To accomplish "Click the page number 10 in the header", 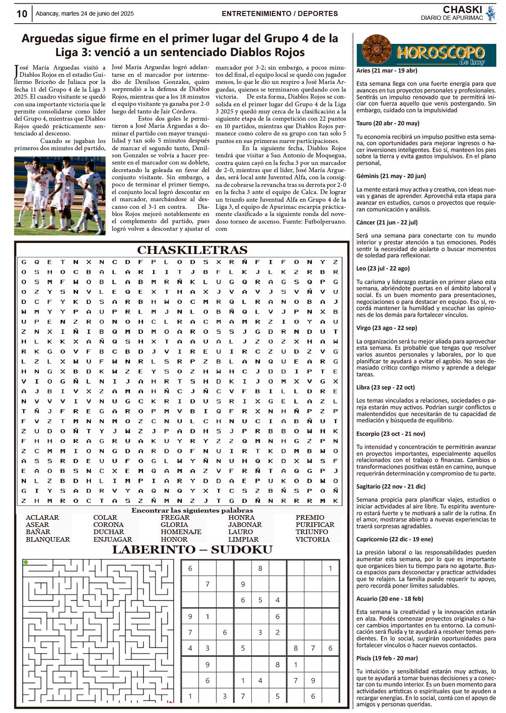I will pos(22,14).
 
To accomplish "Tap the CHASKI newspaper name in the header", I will pos(462,10).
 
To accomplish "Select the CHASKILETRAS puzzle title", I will pos(192,250).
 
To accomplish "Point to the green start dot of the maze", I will pos(26,562).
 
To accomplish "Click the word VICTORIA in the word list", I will pos(312,539).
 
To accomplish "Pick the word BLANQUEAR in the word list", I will pos(48,539).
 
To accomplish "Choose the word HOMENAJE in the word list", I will pos(181,532).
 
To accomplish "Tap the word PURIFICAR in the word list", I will pos(315,524).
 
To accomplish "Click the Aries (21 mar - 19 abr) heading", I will pos(387,70).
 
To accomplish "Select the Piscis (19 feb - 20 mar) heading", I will pos(387,658).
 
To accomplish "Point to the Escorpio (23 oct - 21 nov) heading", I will pos(390,433).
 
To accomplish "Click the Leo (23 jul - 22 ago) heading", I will pos(383,268).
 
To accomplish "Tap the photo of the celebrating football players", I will pos(59,195).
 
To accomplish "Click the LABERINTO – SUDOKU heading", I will pos(192,549).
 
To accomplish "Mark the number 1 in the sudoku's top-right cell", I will pos(330,568).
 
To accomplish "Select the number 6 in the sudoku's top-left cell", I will pos(190,568).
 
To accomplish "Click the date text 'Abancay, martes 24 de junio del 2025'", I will pos(84,14).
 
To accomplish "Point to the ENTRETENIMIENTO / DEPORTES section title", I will pos(280,14).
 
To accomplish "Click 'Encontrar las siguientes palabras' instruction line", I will pos(192,510).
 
